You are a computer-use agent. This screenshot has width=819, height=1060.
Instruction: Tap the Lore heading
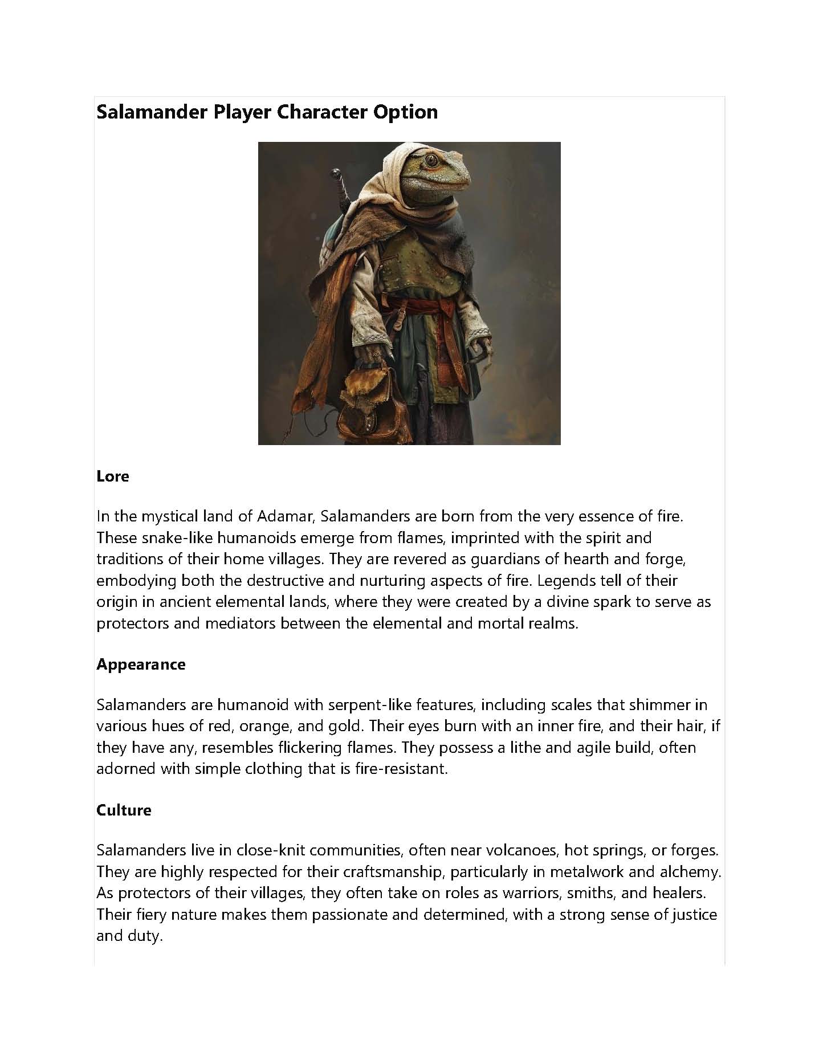pyautogui.click(x=113, y=476)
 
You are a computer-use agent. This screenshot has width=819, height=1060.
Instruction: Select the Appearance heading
pyautogui.click(x=141, y=664)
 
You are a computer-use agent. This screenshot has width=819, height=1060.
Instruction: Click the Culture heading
pyautogui.click(x=124, y=810)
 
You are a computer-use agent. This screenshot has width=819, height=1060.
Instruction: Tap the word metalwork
pyautogui.click(x=586, y=871)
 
